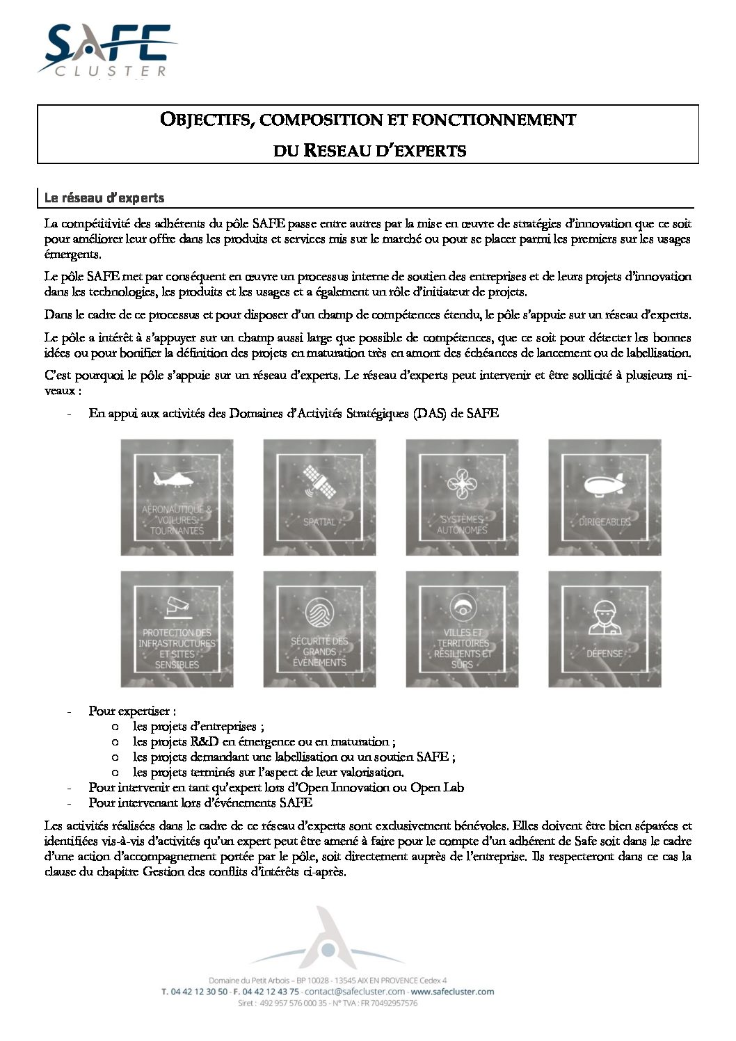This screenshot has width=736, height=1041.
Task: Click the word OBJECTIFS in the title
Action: point(202,120)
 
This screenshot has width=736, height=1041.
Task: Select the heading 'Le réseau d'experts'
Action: point(104,198)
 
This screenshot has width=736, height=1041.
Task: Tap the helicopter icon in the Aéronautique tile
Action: point(176,479)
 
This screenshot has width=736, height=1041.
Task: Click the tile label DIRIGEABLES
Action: point(605,522)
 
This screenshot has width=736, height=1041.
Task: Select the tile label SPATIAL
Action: point(319,522)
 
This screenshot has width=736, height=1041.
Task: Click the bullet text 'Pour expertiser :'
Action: point(132,711)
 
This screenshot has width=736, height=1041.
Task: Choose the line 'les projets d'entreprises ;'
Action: point(198,726)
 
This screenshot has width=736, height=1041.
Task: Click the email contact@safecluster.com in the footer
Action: point(355,992)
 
